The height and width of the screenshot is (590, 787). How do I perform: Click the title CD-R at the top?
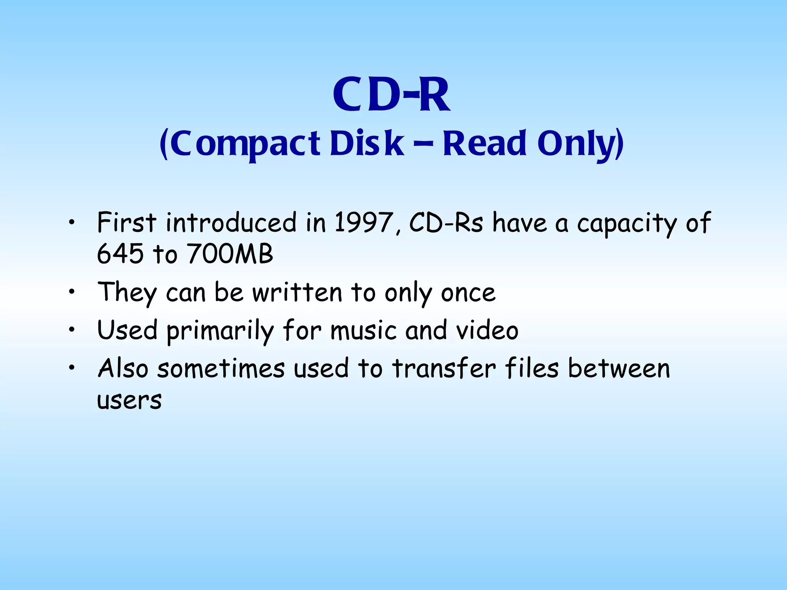[391, 94]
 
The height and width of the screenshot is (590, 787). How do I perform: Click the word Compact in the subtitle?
[245, 144]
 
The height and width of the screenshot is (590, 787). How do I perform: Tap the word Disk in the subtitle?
[367, 144]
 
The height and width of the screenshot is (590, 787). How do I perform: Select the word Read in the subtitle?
[485, 144]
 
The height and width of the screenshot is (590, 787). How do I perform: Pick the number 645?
[120, 254]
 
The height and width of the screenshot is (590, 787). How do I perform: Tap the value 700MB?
[230, 254]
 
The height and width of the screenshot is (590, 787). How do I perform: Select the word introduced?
[231, 222]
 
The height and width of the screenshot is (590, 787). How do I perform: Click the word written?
[297, 293]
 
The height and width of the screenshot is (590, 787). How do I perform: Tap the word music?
[363, 331]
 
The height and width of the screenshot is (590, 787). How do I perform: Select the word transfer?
[444, 368]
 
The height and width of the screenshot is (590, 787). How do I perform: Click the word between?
[619, 368]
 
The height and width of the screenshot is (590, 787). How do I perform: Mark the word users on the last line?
[129, 401]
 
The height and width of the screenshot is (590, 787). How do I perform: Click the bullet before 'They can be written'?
[71, 292]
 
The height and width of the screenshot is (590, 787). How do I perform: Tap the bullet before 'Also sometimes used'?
[71, 368]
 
